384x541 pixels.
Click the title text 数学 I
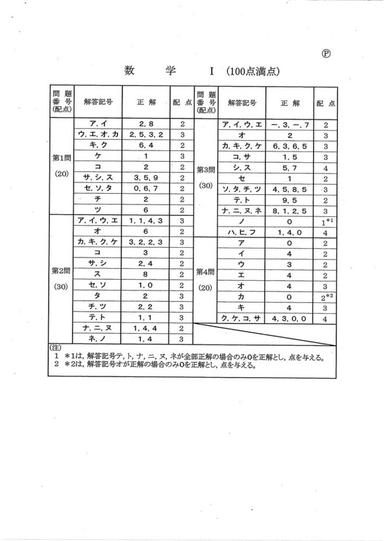[169, 71]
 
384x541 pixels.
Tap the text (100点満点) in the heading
[253, 72]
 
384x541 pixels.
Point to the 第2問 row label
[61, 270]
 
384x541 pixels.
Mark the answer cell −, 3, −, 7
[289, 124]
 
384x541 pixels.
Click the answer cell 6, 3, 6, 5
[289, 146]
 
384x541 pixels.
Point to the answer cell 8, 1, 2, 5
[289, 211]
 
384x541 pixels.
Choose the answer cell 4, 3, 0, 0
[289, 319]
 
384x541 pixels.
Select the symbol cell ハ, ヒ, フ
[241, 232]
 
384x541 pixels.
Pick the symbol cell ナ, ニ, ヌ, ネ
[241, 211]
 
